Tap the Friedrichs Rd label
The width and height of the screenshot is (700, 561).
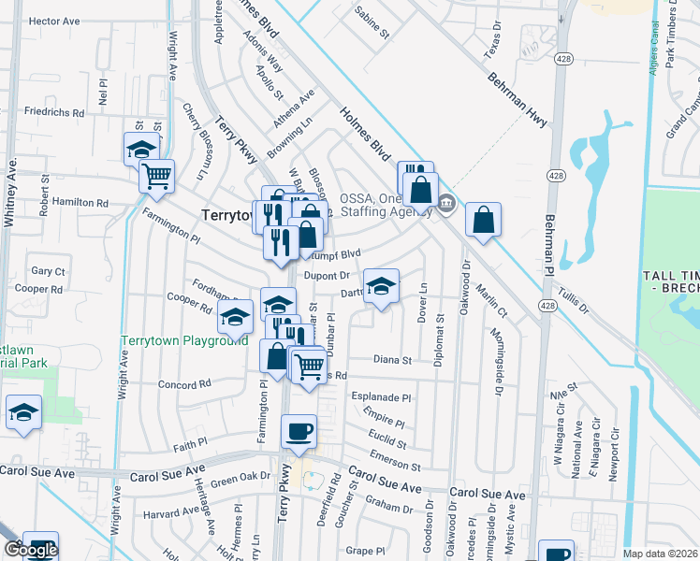54,112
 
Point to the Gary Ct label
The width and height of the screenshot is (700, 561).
48,271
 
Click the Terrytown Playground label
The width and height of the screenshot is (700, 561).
186,341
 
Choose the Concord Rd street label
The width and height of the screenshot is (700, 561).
184,384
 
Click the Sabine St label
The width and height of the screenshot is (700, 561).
372,23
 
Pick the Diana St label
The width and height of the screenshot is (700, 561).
392,359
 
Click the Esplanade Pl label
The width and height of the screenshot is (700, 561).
381,396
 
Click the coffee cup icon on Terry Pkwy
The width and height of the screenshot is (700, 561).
299,432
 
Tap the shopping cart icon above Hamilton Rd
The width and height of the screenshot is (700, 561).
157,175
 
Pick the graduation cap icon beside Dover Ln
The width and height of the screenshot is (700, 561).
381,285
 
